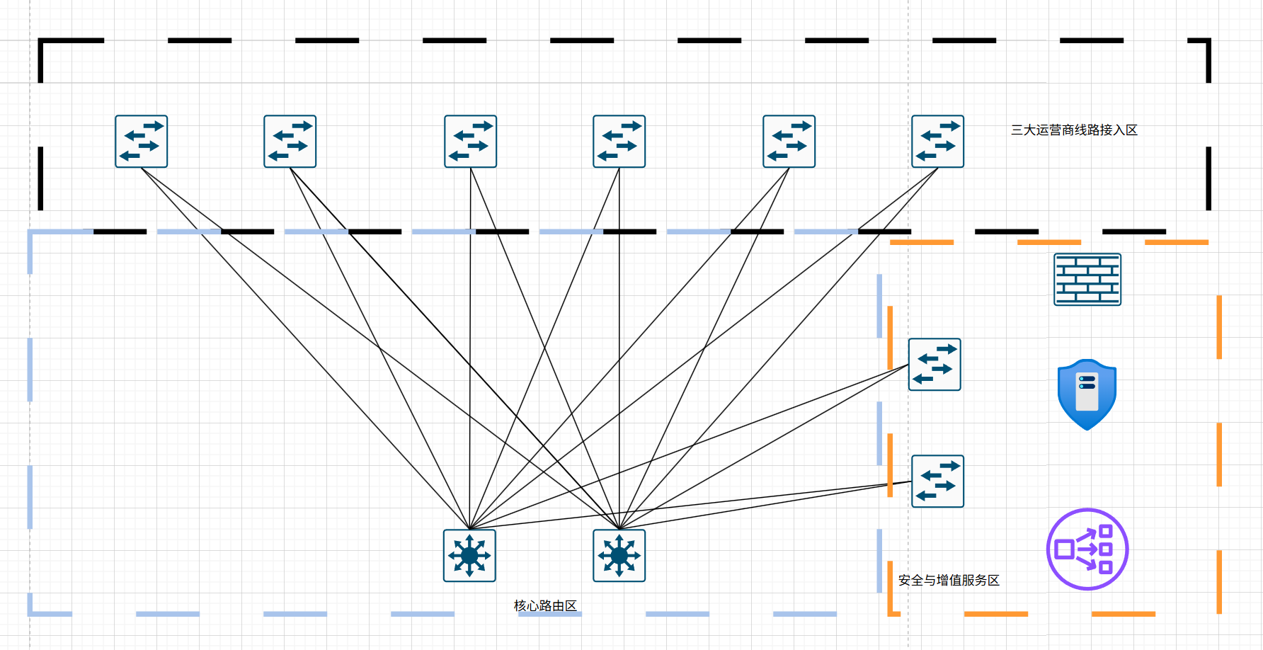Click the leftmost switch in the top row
(x=142, y=142)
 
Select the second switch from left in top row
(x=290, y=142)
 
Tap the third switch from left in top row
(x=471, y=142)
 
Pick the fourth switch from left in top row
(x=619, y=142)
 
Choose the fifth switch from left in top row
(x=789, y=142)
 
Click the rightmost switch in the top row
(x=938, y=142)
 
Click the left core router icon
(x=469, y=556)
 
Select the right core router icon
(x=619, y=556)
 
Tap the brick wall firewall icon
(x=1087, y=280)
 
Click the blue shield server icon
(x=1087, y=394)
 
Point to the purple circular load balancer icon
(x=1087, y=549)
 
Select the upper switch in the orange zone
(x=935, y=365)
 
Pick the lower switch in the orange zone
(x=938, y=481)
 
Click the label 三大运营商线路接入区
(x=1074, y=130)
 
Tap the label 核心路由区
(x=545, y=606)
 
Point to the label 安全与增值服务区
(x=949, y=581)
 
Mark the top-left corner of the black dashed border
(x=41, y=41)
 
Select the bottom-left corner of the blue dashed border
(x=30, y=613)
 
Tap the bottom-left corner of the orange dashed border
(x=891, y=613)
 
